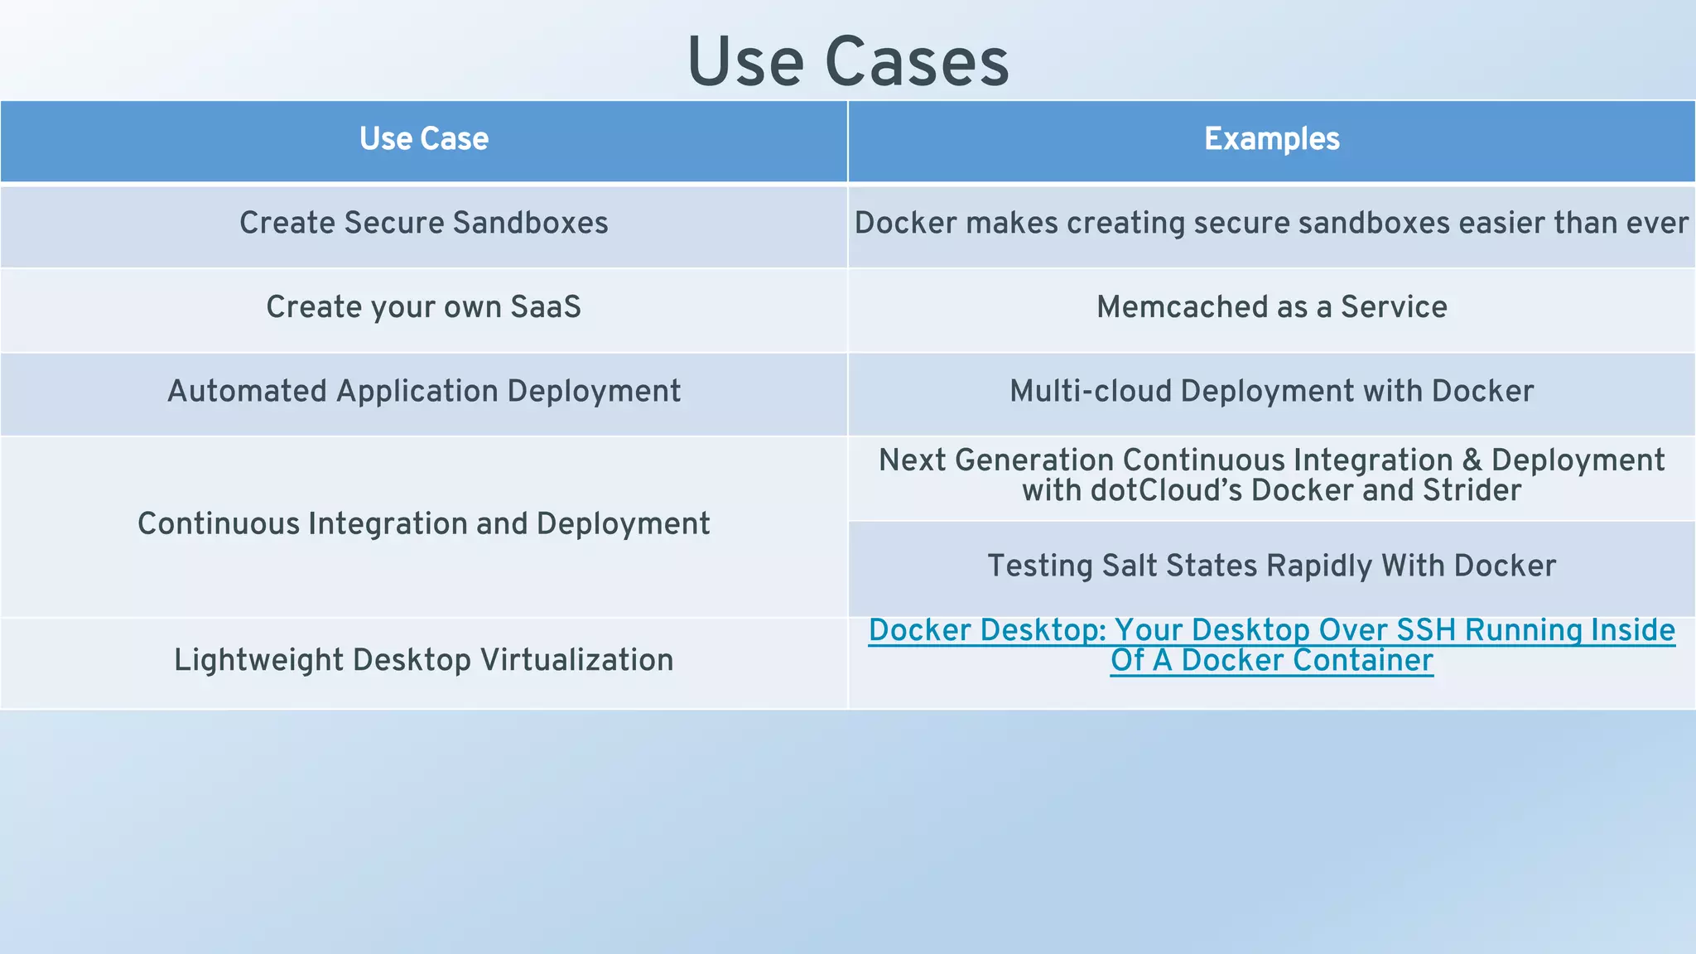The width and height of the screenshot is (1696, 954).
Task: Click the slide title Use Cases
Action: (848, 62)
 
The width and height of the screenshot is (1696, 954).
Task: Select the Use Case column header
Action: (424, 139)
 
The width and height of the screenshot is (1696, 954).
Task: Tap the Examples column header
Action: (1271, 139)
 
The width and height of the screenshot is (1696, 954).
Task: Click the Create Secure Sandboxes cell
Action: (424, 224)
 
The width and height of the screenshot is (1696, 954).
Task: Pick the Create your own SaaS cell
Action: (424, 307)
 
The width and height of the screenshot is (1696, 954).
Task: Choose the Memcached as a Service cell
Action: (1271, 307)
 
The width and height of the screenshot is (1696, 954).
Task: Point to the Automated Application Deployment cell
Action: (424, 391)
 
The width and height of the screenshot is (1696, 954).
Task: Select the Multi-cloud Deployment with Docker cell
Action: (1271, 391)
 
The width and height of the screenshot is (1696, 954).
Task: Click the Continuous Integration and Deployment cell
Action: (424, 524)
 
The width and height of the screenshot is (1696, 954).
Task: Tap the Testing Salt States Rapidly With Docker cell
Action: (1271, 566)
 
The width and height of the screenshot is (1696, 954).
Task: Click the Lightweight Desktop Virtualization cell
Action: (424, 660)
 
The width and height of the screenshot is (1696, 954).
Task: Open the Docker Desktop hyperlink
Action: (1271, 645)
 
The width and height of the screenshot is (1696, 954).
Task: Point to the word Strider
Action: (1472, 490)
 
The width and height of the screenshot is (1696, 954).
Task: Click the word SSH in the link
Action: (1425, 630)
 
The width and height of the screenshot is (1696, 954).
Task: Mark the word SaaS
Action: (546, 307)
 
